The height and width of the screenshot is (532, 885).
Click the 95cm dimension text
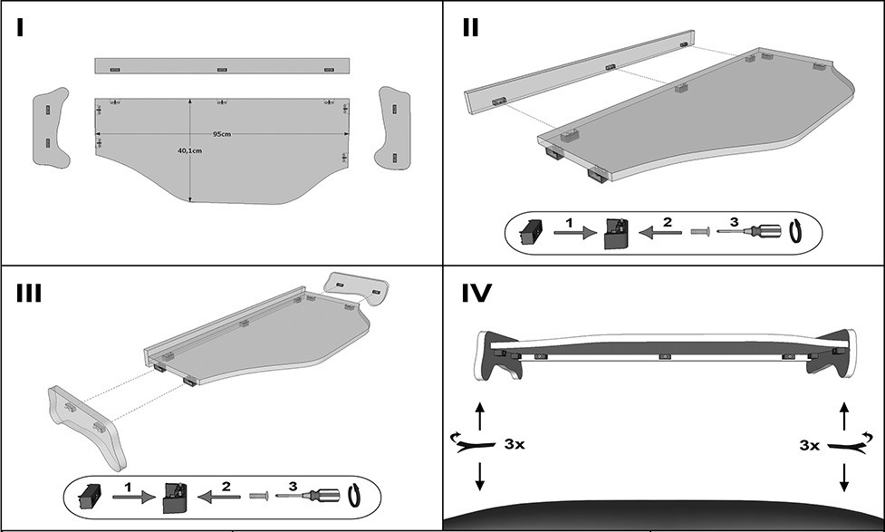[x=221, y=134]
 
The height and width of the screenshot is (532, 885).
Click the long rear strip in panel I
[x=223, y=66]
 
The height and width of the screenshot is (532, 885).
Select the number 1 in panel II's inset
[x=569, y=222]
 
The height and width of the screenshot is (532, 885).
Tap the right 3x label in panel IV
[x=811, y=445]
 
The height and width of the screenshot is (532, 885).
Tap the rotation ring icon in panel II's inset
[x=796, y=231]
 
